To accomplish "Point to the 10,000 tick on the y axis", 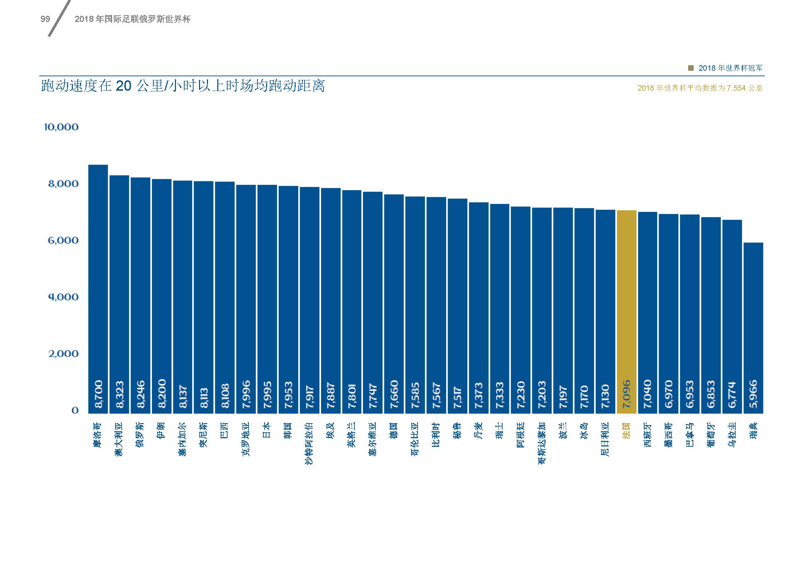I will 61,127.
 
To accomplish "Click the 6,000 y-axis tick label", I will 63,240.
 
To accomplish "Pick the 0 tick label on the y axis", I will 75,410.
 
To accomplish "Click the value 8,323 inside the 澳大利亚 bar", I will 119,395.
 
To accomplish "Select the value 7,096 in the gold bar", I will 627,394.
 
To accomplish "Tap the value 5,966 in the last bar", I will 753,394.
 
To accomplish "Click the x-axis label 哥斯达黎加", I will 542,443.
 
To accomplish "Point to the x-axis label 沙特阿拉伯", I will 309,443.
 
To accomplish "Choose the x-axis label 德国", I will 394,430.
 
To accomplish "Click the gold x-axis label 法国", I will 627,430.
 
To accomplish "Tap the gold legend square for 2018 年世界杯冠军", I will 691,68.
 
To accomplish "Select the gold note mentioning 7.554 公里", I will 700,88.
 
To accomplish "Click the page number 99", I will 45,19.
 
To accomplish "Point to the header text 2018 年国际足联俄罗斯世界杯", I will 132,19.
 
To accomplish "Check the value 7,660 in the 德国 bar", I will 394,394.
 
